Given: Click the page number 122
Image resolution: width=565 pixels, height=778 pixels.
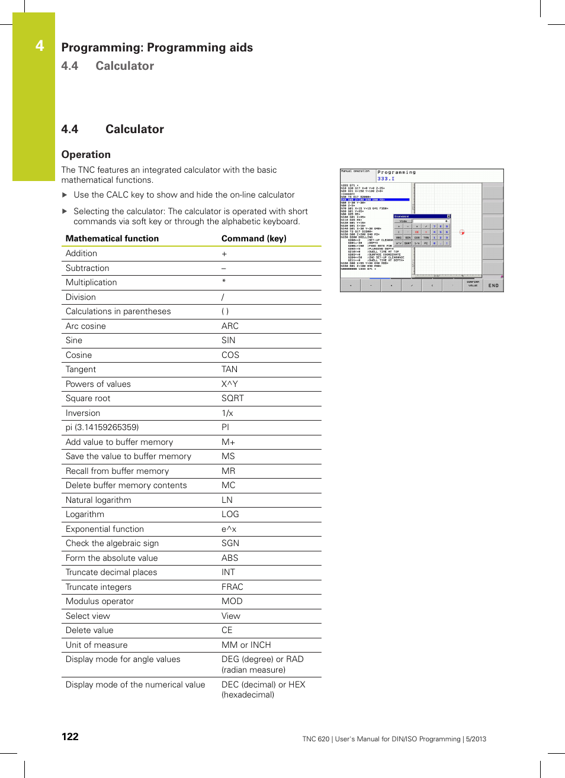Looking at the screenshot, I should pyautogui.click(x=70, y=737).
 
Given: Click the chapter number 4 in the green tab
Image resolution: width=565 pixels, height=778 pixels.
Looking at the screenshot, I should pyautogui.click(x=40, y=46).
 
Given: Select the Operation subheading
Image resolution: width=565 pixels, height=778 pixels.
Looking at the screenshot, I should pyautogui.click(x=86, y=154).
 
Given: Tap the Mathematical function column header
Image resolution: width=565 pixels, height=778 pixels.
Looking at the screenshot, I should pyautogui.click(x=112, y=238).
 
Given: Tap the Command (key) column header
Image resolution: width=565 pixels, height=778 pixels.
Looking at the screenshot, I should pyautogui.click(x=253, y=238).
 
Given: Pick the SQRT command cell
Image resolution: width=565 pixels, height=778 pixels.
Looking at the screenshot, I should pyautogui.click(x=232, y=398).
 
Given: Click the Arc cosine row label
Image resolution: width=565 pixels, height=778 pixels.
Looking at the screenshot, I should pyautogui.click(x=86, y=326).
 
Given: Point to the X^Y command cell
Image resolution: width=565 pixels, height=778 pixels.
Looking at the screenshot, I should pyautogui.click(x=229, y=384).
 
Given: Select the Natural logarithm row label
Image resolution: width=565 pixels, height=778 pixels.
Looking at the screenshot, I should pyautogui.click(x=98, y=500).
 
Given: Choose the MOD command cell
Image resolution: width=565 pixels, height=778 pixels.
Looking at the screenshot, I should pyautogui.click(x=232, y=601).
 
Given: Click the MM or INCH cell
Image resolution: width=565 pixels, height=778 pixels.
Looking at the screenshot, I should pyautogui.click(x=246, y=645).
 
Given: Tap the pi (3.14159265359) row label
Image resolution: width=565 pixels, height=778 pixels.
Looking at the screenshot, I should pyautogui.click(x=102, y=427).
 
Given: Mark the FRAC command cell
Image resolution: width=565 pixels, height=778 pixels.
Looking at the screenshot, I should pyautogui.click(x=232, y=587).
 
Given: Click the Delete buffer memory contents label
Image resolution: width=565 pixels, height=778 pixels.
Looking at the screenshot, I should pyautogui.click(x=126, y=485).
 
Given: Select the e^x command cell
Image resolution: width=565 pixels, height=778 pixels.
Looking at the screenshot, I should pyautogui.click(x=229, y=529).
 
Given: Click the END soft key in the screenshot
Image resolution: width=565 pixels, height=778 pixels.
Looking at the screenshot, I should pyautogui.click(x=493, y=286).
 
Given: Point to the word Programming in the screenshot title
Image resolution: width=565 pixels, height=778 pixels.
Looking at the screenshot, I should pyautogui.click(x=397, y=172).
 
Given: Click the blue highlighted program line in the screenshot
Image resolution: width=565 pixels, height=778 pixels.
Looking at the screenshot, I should pyautogui.click(x=374, y=200).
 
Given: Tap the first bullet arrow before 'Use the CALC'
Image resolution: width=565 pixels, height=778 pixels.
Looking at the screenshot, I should pyautogui.click(x=65, y=195).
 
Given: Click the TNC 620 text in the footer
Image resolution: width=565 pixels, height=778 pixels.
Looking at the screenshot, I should pyautogui.click(x=316, y=739).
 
